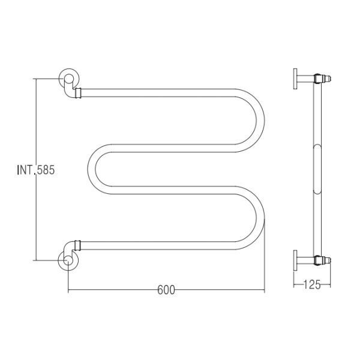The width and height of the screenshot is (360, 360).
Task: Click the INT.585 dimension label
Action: point(36,170)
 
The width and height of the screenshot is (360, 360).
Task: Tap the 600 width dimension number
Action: point(166,290)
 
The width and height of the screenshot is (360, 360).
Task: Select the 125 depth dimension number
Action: point(312,284)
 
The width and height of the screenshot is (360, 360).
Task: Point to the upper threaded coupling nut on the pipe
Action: point(78,93)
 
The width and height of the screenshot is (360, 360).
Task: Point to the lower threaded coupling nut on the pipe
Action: point(77,245)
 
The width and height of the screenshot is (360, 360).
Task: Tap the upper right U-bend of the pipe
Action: point(260,121)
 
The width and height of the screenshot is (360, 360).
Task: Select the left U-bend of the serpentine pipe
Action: point(92,169)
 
